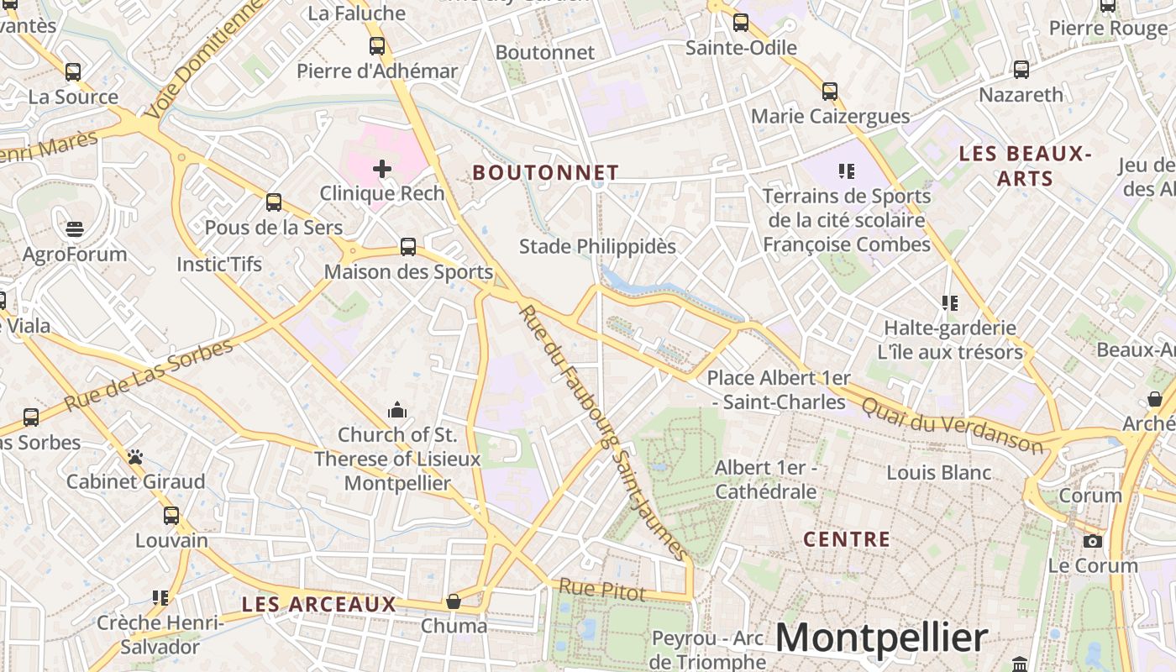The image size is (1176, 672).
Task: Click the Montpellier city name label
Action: pyautogui.click(x=881, y=638)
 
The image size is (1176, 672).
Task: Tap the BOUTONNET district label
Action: pyautogui.click(x=545, y=173)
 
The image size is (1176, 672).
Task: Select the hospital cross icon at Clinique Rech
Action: pyautogui.click(x=382, y=169)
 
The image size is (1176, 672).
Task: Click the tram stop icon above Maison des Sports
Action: pyautogui.click(x=408, y=247)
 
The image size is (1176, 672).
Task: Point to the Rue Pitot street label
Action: pyautogui.click(x=602, y=590)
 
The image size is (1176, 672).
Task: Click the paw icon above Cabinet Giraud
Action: pyautogui.click(x=135, y=457)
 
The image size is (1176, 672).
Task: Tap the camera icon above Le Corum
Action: pyautogui.click(x=1093, y=541)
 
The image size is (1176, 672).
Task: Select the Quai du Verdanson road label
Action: pyautogui.click(x=952, y=424)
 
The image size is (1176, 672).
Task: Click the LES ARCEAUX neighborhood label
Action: pyautogui.click(x=318, y=604)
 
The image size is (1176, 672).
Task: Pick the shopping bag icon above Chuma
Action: pyautogui.click(x=454, y=601)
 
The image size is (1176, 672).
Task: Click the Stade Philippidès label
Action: pyautogui.click(x=597, y=247)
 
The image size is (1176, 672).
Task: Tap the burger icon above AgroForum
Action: pyautogui.click(x=74, y=228)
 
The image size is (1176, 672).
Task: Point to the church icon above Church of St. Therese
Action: pyautogui.click(x=397, y=410)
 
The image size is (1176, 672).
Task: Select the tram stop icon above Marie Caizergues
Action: pyautogui.click(x=830, y=91)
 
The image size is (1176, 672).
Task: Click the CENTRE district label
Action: pyautogui.click(x=846, y=539)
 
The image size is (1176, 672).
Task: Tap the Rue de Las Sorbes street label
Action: pyautogui.click(x=148, y=375)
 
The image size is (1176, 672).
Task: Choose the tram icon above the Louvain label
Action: pyautogui.click(x=171, y=515)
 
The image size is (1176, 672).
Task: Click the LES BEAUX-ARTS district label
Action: pyautogui.click(x=1025, y=165)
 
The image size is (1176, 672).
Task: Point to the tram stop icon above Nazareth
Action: pyautogui.click(x=1021, y=70)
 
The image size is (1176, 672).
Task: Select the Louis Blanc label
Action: pyautogui.click(x=938, y=473)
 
